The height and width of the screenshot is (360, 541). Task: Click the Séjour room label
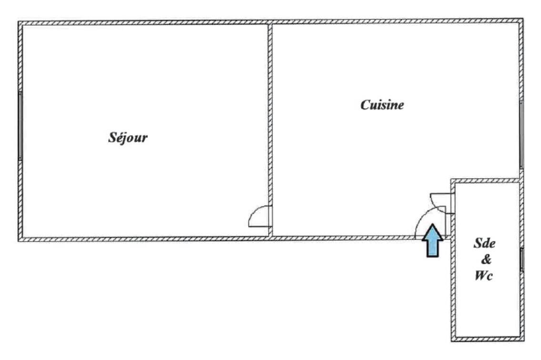pos(128,138)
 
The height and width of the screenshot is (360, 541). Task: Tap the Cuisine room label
pos(382,105)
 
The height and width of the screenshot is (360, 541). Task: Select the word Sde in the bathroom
pos(484,243)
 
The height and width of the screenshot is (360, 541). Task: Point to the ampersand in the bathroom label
pos(486,259)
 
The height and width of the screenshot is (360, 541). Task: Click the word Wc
pos(484,275)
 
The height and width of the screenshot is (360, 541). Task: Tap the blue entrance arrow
pos(432,240)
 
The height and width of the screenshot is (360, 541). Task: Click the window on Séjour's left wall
pos(20,126)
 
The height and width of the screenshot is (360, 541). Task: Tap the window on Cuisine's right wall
pos(521,135)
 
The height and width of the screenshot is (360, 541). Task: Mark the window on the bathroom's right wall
pos(522,260)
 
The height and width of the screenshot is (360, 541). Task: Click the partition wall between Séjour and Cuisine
pos(270,130)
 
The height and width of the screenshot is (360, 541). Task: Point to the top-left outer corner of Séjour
pos(18,21)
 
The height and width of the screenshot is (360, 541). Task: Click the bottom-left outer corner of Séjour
pos(18,241)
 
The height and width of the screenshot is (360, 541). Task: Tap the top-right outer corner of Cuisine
pos(523,19)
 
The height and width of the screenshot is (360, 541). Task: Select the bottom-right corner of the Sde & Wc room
pos(524,341)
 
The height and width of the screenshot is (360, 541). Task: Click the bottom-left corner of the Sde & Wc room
pos(451,341)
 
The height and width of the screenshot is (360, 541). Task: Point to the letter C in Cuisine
pos(365,105)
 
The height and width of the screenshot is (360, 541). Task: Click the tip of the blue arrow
pos(432,224)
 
